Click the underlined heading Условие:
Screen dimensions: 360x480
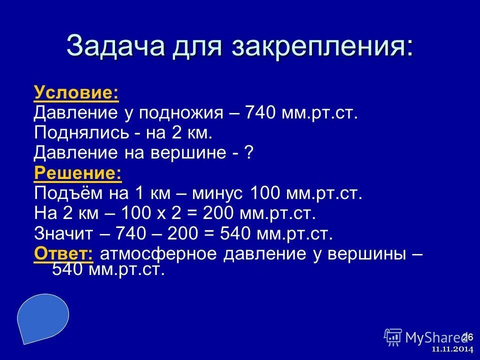[x=76, y=92]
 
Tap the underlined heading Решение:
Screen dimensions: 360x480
[x=77, y=173]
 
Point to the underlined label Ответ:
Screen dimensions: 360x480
[x=63, y=254]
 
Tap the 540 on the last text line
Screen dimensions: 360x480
[x=68, y=270]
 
